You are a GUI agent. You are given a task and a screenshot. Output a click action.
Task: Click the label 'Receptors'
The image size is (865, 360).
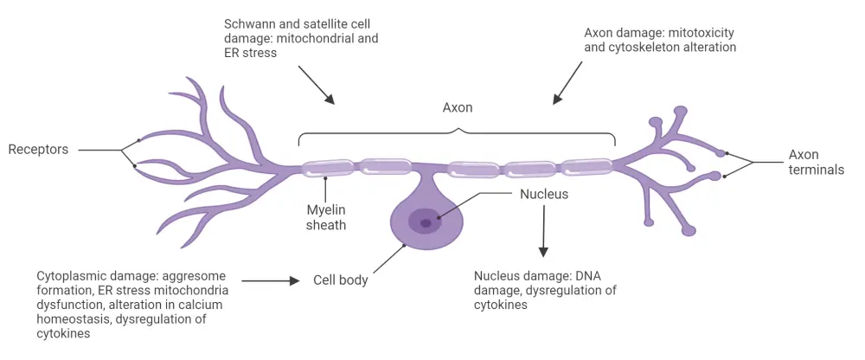pos(38,150)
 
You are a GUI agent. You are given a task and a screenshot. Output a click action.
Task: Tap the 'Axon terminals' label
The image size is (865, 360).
pos(816,163)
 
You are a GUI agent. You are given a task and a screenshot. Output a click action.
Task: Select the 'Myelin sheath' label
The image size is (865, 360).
pos(326,217)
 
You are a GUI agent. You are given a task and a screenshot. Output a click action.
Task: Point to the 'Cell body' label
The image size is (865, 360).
pos(341,280)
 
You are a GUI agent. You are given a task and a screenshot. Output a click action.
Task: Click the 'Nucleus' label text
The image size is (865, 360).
pos(544,194)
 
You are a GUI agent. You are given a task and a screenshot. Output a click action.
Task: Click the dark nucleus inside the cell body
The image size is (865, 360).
pos(426,222)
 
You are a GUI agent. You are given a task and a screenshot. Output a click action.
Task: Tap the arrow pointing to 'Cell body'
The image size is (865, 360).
pos(271,280)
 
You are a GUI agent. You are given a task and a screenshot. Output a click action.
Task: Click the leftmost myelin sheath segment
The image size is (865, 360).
pos(326,168)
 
